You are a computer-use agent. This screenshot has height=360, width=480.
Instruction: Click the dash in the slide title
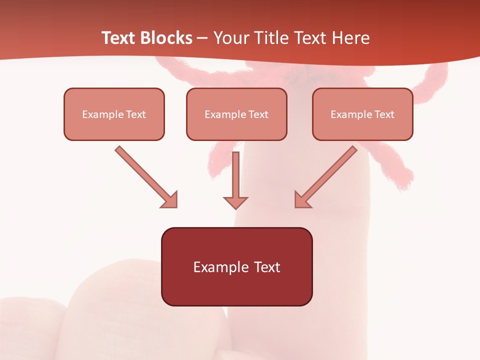coord(202,38)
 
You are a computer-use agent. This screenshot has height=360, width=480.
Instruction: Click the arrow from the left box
coord(145,176)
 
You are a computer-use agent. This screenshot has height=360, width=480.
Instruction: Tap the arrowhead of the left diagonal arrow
coord(169,199)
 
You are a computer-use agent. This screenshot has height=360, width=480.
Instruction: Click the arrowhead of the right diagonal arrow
coord(302,199)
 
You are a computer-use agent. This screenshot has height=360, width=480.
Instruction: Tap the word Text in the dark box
coord(266,267)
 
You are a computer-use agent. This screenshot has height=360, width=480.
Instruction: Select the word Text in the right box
coord(384,114)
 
